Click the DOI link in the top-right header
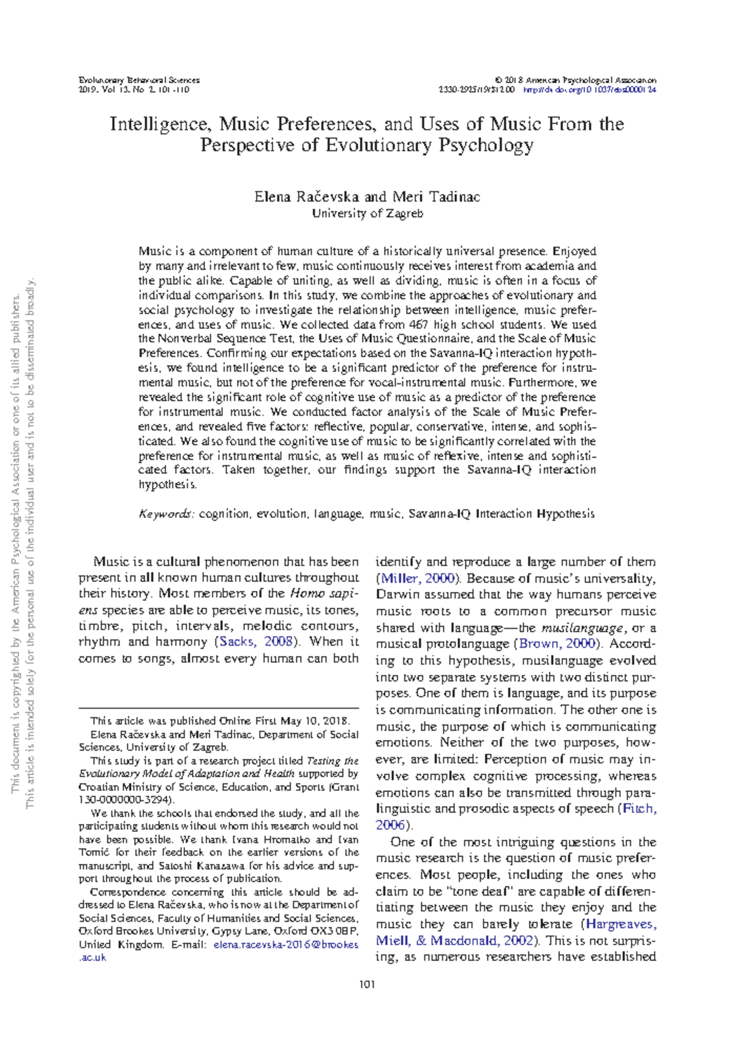click(590, 89)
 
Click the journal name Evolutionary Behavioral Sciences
click(139, 80)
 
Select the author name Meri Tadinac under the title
click(436, 197)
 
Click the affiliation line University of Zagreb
click(367, 214)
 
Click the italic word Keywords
click(166, 514)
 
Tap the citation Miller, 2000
click(418, 578)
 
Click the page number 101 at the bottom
click(367, 985)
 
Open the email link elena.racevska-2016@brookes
click(286, 945)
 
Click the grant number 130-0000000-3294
click(126, 800)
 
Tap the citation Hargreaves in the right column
click(620, 924)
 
